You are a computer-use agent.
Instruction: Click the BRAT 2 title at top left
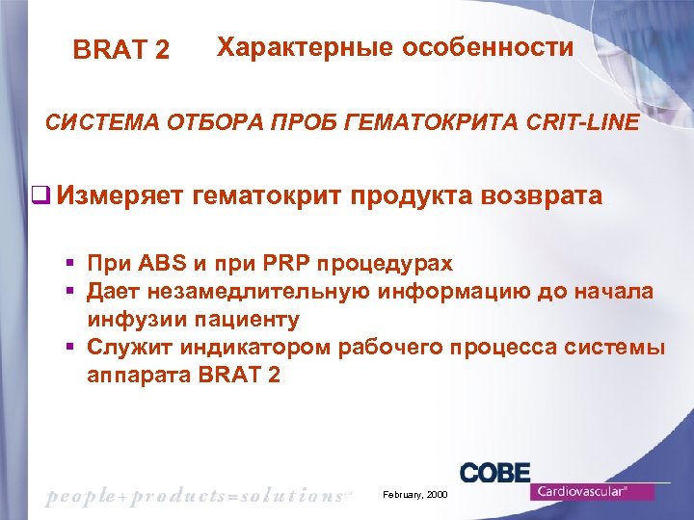pyautogui.click(x=121, y=50)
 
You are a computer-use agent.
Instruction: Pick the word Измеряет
pyautogui.click(x=120, y=196)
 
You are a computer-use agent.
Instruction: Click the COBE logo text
pyautogui.click(x=494, y=472)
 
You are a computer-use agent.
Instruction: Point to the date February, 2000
pyautogui.click(x=415, y=493)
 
